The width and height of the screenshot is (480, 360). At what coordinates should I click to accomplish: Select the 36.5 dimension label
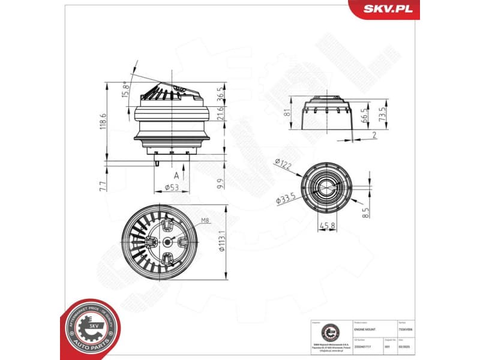point(220,95)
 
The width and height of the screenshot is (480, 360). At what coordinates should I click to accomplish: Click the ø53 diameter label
point(172,188)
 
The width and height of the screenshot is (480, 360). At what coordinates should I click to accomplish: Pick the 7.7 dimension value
point(103,186)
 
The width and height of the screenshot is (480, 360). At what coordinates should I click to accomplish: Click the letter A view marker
point(176,176)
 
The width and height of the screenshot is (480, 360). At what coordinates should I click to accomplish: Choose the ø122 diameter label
point(284,163)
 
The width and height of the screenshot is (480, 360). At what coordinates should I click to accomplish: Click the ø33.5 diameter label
point(286,199)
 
